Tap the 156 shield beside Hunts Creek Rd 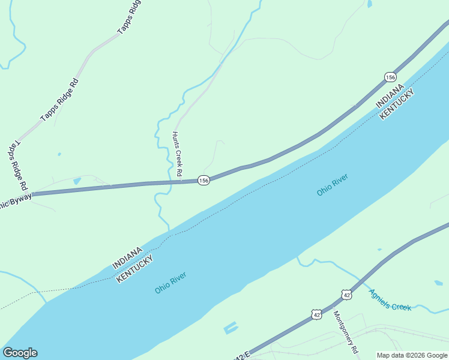(x=203, y=180)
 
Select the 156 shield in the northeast (x=390, y=77)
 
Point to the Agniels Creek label (x=390, y=299)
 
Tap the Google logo (x=20, y=353)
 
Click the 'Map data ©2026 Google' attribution (x=412, y=355)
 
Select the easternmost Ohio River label (x=333, y=185)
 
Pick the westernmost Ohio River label (x=170, y=283)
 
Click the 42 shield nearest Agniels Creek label (x=346, y=294)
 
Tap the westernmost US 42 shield (x=316, y=314)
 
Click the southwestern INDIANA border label (x=127, y=257)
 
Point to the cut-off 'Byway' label (x=14, y=200)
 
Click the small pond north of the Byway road (x=76, y=181)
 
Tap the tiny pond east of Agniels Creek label (x=438, y=283)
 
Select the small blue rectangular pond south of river (x=230, y=328)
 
